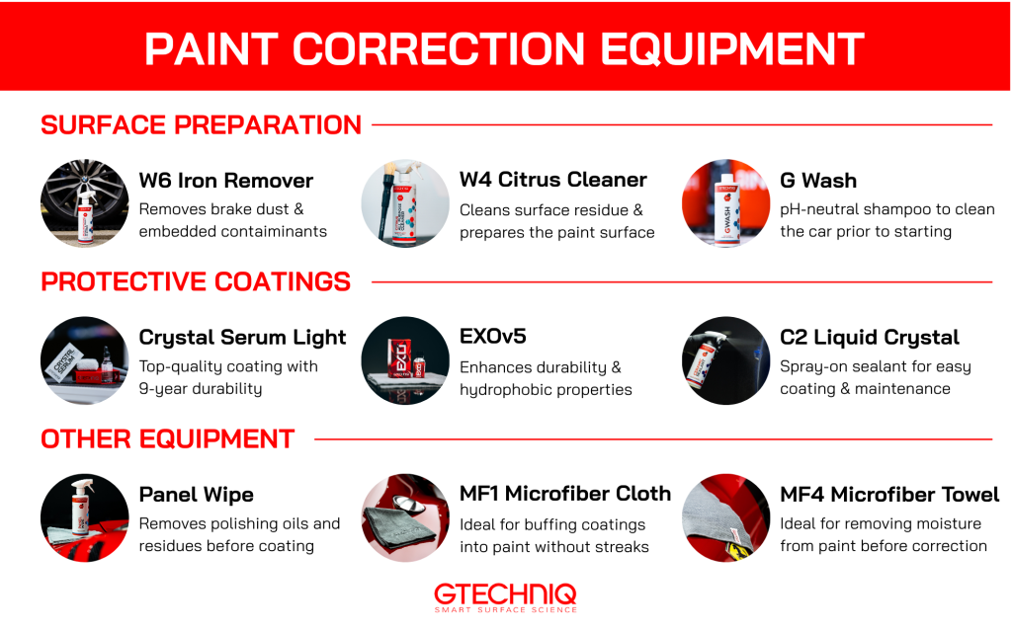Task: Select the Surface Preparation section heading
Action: [x=201, y=125]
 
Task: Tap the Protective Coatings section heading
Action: [x=196, y=281]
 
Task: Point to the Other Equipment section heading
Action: [x=168, y=438]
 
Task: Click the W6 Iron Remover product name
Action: [x=225, y=181]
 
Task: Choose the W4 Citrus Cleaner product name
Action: [x=552, y=180]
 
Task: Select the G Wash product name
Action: [x=817, y=181]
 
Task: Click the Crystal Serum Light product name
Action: [x=242, y=337]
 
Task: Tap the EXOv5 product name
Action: [x=492, y=337]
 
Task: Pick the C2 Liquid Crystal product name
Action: [x=869, y=337]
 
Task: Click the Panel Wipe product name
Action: [x=196, y=494]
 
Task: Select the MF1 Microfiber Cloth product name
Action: [x=564, y=494]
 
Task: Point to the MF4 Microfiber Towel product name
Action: [x=888, y=494]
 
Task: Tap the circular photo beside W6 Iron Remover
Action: [x=84, y=203]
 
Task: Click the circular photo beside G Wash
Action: [x=725, y=203]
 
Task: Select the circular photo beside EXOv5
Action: [x=404, y=360]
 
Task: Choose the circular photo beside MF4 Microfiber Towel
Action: [x=725, y=517]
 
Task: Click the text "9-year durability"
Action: [x=201, y=388]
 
